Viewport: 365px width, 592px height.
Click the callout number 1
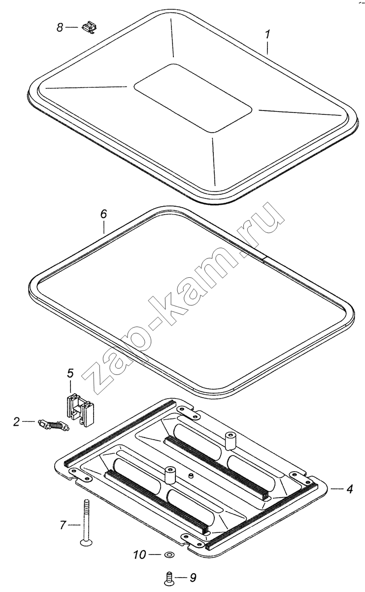267,34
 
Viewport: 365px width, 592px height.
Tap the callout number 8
60,28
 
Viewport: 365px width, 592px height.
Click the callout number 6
103,214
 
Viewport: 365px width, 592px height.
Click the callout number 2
17,421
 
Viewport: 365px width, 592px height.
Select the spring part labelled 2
54,424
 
